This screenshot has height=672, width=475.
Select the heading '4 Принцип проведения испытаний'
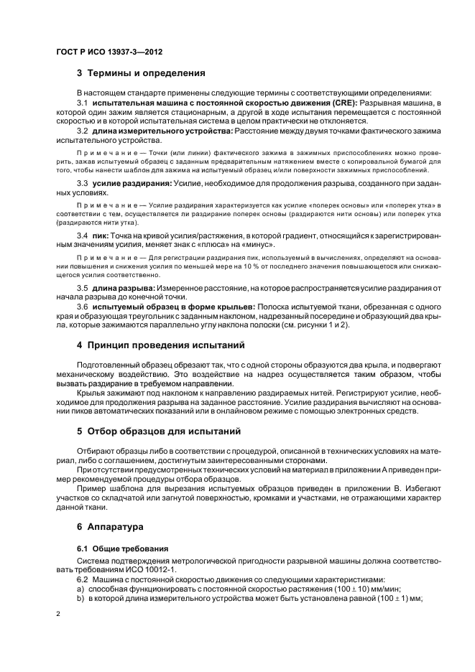[x=161, y=345]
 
